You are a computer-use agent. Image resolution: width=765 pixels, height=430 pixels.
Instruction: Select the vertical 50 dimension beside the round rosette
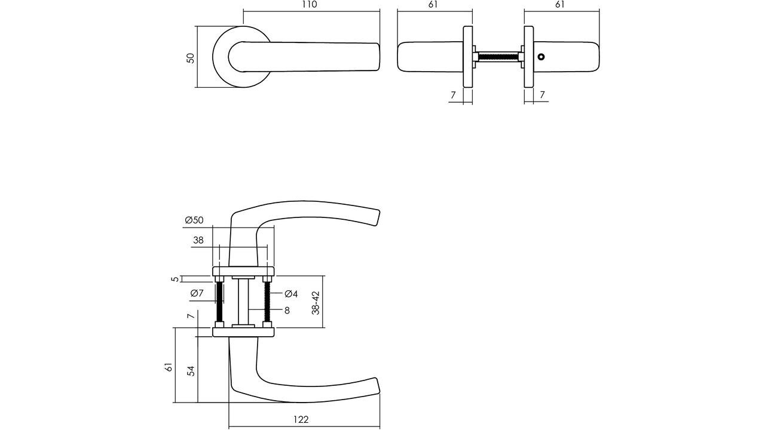tap(191, 58)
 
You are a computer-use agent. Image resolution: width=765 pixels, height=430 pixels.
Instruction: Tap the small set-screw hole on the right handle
tap(541, 57)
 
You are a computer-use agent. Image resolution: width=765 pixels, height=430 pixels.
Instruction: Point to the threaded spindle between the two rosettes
tap(498, 57)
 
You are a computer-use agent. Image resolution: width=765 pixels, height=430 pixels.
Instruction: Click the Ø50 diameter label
tap(194, 220)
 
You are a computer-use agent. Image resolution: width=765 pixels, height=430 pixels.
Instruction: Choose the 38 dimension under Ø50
tap(198, 241)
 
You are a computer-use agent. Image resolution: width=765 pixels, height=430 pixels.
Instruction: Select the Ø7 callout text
tap(197, 293)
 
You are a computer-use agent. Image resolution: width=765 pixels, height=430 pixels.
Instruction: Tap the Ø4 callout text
tap(291, 294)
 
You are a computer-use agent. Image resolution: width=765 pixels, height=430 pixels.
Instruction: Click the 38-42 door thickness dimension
tap(316, 303)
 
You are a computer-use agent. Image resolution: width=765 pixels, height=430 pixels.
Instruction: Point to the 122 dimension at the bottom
tap(302, 420)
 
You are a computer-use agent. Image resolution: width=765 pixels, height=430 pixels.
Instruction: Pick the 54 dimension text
tap(191, 370)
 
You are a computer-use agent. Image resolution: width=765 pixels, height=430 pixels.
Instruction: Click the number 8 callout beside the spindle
tap(287, 311)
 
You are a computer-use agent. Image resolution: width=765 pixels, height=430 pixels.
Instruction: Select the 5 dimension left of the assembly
tap(175, 279)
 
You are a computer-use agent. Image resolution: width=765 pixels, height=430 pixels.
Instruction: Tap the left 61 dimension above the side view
tap(433, 5)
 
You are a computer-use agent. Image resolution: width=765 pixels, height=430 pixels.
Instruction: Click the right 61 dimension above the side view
tap(560, 5)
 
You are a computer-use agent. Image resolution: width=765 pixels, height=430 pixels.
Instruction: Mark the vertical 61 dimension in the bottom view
tap(169, 367)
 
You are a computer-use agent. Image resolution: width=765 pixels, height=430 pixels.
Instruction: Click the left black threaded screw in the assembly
tap(220, 302)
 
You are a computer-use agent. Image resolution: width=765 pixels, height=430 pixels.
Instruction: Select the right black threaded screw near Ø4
tap(267, 302)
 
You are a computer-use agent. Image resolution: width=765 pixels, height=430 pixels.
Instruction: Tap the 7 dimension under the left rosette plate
tap(453, 95)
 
